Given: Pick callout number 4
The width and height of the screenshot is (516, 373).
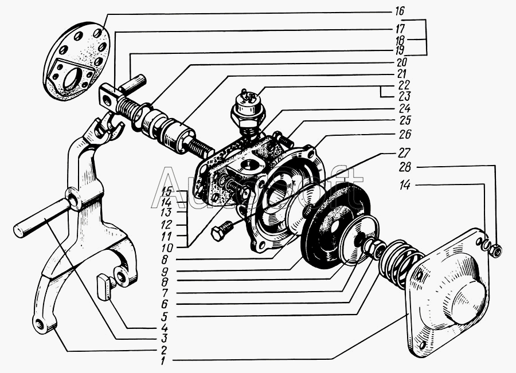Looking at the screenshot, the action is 165,330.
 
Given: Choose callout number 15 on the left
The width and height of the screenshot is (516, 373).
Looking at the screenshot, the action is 167,191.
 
